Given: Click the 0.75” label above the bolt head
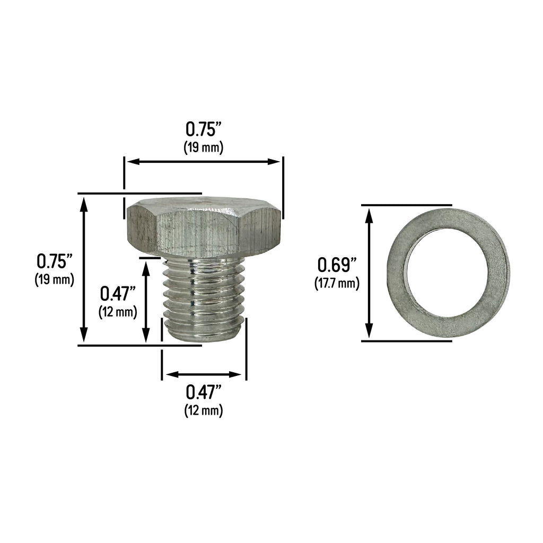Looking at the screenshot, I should click(x=203, y=129).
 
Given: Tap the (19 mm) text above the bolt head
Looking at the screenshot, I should click(x=203, y=147).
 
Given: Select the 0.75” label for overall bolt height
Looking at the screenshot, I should click(x=54, y=261).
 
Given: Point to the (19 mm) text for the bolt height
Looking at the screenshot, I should click(x=54, y=279).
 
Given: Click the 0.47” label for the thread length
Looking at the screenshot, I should click(x=118, y=293).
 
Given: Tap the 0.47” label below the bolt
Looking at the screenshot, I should click(x=203, y=392).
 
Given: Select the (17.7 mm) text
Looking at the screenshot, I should click(x=337, y=283).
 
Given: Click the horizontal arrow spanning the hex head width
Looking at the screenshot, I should click(x=203, y=161).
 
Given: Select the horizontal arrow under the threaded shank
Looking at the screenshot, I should click(x=204, y=375).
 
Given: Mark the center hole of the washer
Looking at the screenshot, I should click(x=446, y=273).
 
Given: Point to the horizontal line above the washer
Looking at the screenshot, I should click(x=406, y=205).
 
